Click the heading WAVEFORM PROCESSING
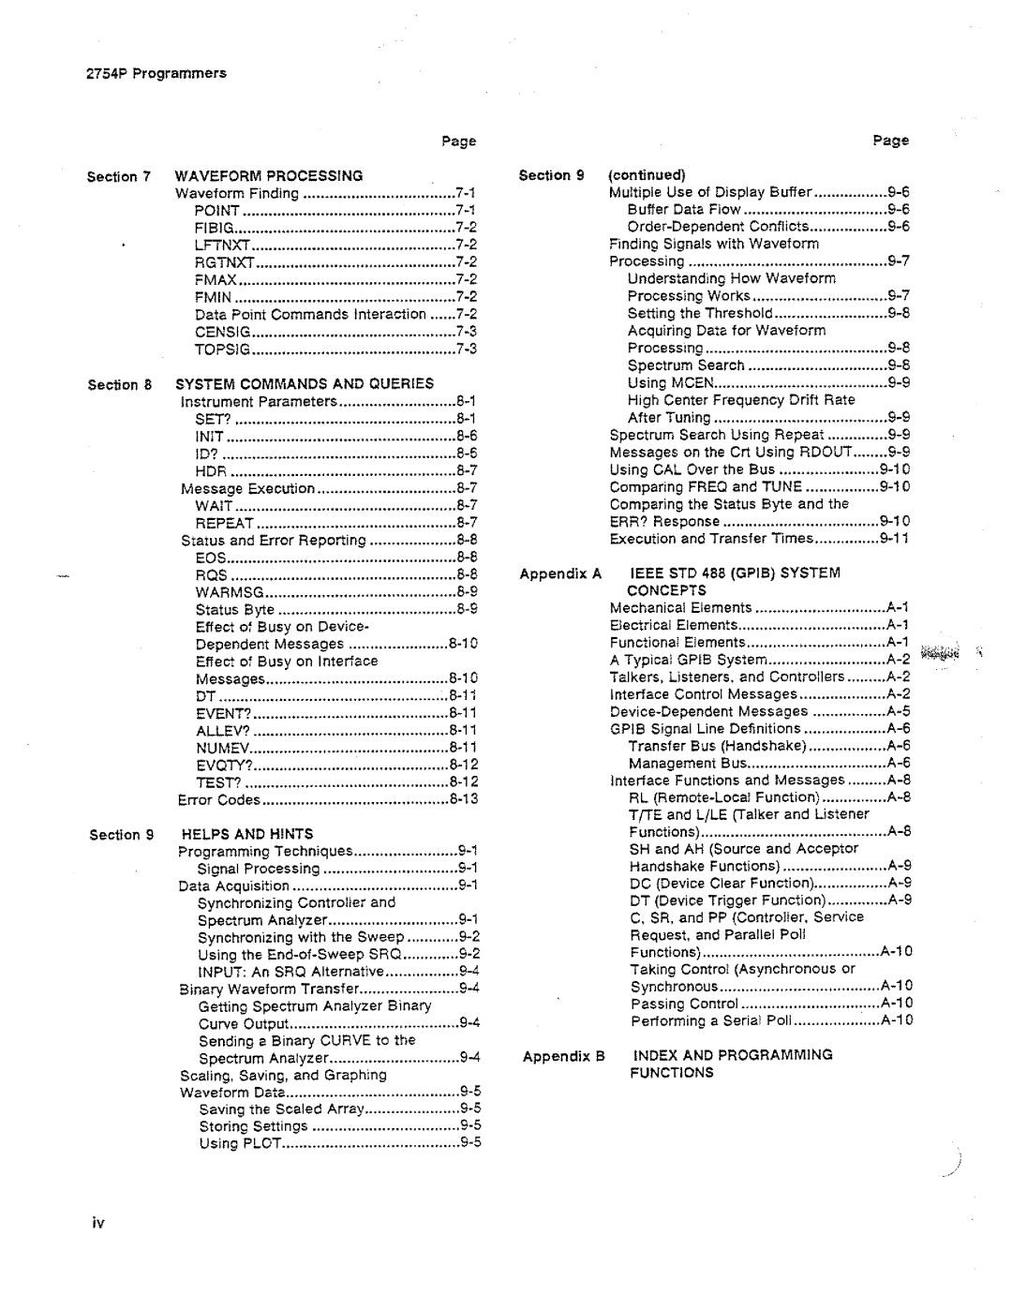[x=269, y=176]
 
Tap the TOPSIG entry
[x=223, y=350]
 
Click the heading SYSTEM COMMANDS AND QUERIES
[x=305, y=384]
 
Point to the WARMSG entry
[x=230, y=592]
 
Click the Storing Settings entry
[x=253, y=1126]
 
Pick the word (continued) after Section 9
[x=647, y=175]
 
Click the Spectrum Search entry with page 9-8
[x=686, y=365]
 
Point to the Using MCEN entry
[x=671, y=382]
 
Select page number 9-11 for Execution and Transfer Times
[x=894, y=539]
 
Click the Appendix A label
[x=560, y=573]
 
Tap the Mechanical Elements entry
[x=680, y=608]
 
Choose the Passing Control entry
[x=684, y=1004]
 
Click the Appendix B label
[x=564, y=1056]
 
